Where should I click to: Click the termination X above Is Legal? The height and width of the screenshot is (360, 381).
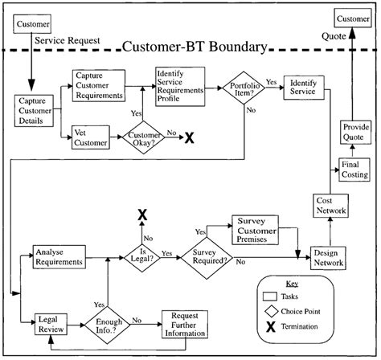pos(142,214)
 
